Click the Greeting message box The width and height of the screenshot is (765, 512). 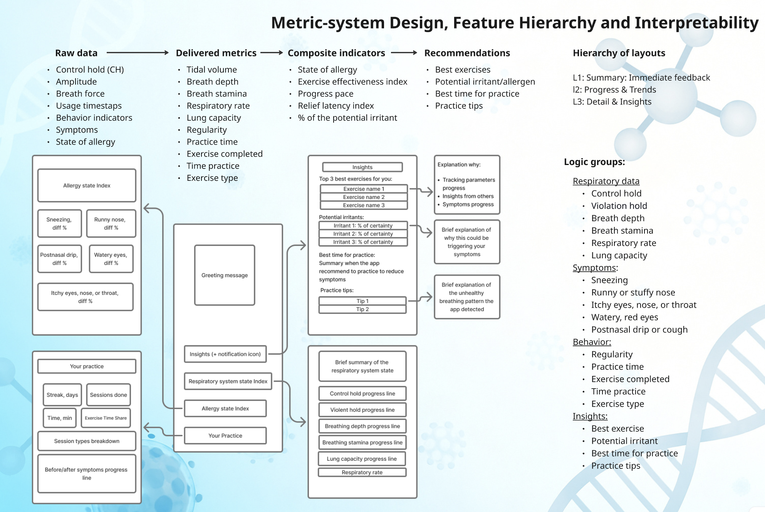225,275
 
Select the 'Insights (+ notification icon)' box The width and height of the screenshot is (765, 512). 225,354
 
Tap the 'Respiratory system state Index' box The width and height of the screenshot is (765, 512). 228,381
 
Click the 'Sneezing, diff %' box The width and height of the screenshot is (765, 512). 59,223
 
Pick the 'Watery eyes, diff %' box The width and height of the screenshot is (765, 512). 111,259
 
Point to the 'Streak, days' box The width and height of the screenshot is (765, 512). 62,395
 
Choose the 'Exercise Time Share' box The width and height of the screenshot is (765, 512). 106,418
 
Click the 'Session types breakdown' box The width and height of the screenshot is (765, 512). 87,441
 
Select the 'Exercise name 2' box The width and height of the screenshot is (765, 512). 364,197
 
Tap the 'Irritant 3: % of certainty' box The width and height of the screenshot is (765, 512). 363,242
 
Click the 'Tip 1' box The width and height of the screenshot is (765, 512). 362,301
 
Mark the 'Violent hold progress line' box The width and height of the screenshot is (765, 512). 362,410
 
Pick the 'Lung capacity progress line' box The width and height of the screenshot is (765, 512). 362,459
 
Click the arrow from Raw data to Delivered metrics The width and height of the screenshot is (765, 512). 137,53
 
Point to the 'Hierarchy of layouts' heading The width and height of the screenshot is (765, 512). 619,53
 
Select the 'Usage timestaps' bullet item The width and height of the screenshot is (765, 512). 89,106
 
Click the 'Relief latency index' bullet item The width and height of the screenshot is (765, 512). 336,106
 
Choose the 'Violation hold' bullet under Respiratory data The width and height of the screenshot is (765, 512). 619,206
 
